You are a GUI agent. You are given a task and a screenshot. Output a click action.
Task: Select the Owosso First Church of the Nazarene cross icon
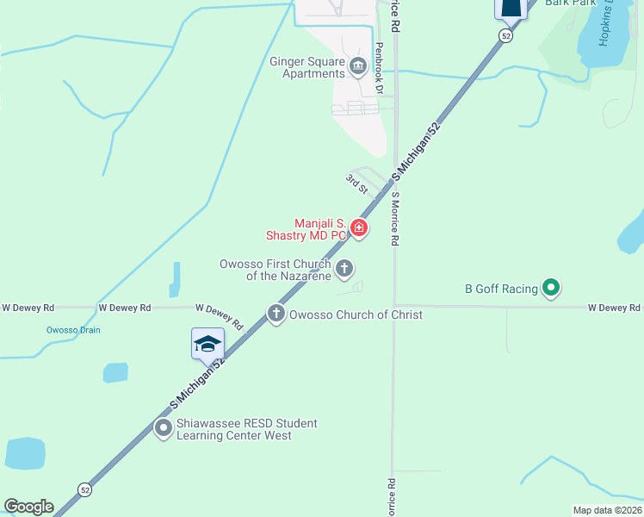[344, 269]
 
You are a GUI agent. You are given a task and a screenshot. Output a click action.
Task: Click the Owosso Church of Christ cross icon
[276, 314]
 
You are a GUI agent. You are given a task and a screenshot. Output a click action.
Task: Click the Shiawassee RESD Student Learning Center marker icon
[163, 427]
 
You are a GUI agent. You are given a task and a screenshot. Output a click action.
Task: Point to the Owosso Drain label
[73, 331]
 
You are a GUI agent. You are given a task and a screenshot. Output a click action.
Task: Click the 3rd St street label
[356, 184]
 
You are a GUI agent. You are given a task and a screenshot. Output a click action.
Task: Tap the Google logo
[28, 507]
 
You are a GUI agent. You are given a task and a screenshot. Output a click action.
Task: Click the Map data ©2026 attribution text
[608, 510]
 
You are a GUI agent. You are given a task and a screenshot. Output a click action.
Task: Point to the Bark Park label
[570, 3]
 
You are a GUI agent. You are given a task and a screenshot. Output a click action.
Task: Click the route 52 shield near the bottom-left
[84, 489]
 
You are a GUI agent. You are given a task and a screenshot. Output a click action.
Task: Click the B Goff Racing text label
[501, 289]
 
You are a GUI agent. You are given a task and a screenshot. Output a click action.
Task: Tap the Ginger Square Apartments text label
[307, 67]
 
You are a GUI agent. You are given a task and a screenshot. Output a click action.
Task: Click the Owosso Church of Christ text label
[356, 315]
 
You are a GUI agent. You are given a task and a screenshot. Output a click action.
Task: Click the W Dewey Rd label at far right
[614, 308]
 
